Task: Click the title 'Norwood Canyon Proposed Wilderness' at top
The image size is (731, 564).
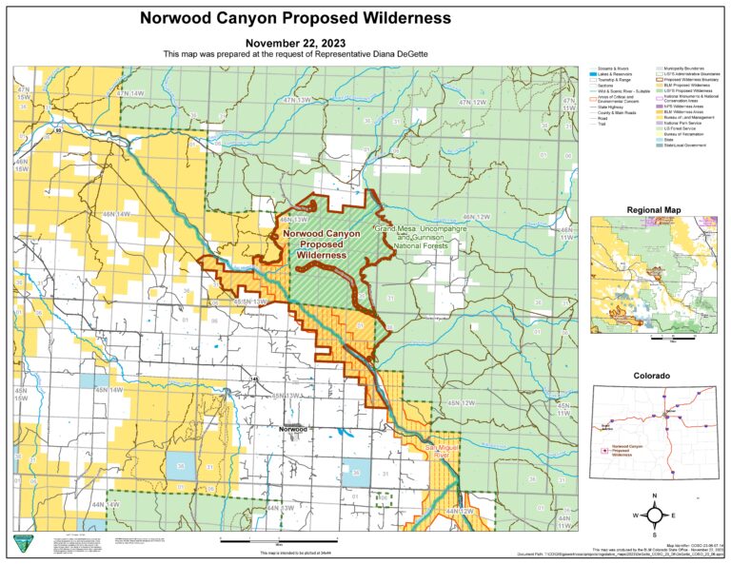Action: tap(295, 18)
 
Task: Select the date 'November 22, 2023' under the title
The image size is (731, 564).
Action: tap(295, 43)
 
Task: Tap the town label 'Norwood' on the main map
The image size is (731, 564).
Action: tap(293, 429)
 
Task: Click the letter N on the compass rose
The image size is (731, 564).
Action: tap(656, 497)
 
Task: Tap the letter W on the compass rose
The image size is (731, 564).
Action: tap(637, 515)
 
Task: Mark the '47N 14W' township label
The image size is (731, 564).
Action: tap(129, 93)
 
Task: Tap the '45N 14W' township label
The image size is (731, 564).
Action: tap(109, 390)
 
